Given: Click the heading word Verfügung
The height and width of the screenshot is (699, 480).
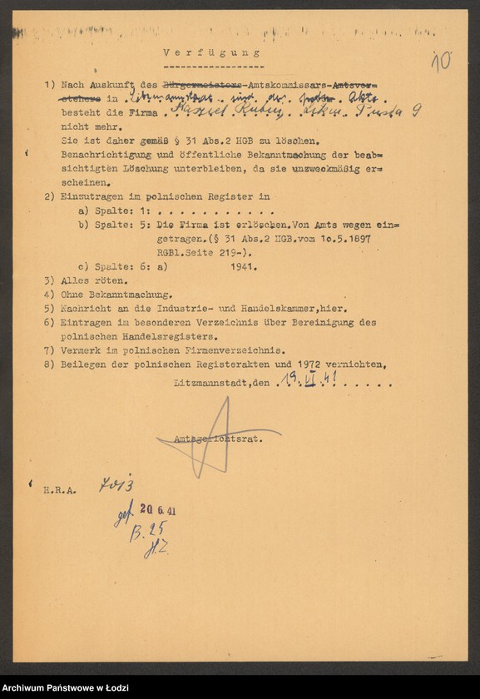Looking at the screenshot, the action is (x=211, y=52).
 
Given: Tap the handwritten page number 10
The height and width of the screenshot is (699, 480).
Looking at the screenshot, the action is (x=441, y=60).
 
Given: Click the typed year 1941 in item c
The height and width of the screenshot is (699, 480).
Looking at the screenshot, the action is (x=243, y=267).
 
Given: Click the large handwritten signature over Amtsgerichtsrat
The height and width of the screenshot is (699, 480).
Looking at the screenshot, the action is (x=218, y=436).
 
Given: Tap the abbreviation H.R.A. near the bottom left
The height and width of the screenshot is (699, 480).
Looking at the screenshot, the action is (x=60, y=490).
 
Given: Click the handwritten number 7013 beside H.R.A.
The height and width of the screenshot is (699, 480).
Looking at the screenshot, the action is (x=116, y=485).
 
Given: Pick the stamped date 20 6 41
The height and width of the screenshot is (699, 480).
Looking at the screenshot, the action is (x=157, y=510).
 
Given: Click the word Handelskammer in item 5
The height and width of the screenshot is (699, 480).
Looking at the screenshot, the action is (x=295, y=308).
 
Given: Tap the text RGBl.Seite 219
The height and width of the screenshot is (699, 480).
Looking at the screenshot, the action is (x=191, y=251).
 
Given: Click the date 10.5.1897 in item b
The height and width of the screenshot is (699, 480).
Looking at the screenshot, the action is (x=342, y=238).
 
